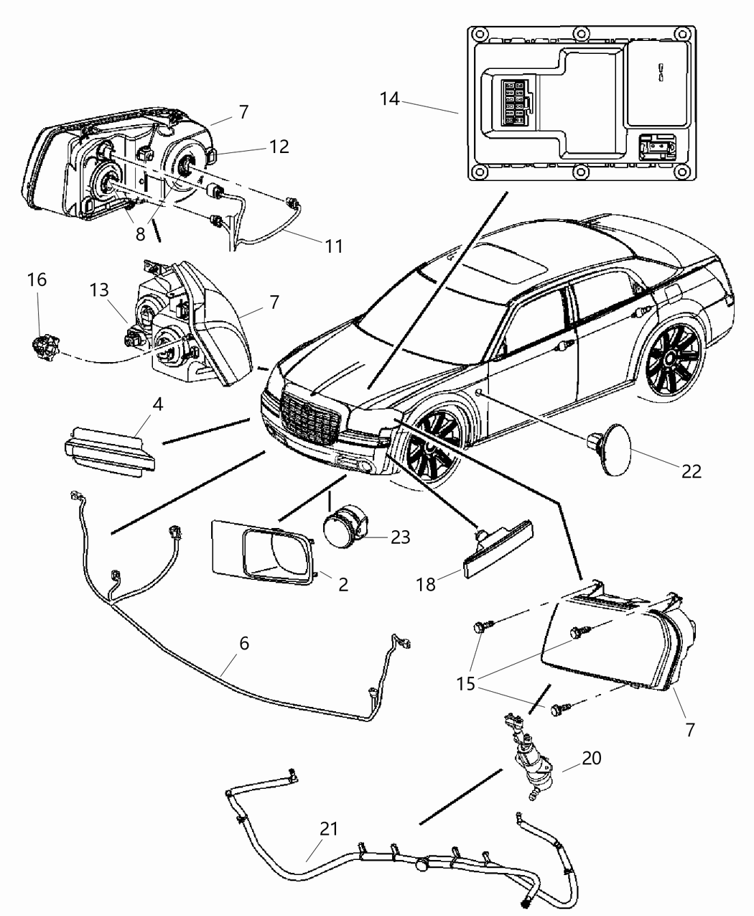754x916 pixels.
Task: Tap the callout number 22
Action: (691, 471)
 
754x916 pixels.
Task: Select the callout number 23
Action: (400, 537)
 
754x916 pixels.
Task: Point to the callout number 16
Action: (37, 279)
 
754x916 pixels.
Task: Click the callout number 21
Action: (328, 828)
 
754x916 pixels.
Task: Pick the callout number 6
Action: (244, 643)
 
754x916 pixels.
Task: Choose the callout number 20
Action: (592, 757)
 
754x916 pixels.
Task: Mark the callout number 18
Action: (427, 584)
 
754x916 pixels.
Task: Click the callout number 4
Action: (157, 404)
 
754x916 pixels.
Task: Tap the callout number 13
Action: (99, 290)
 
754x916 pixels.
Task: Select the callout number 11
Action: (332, 246)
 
